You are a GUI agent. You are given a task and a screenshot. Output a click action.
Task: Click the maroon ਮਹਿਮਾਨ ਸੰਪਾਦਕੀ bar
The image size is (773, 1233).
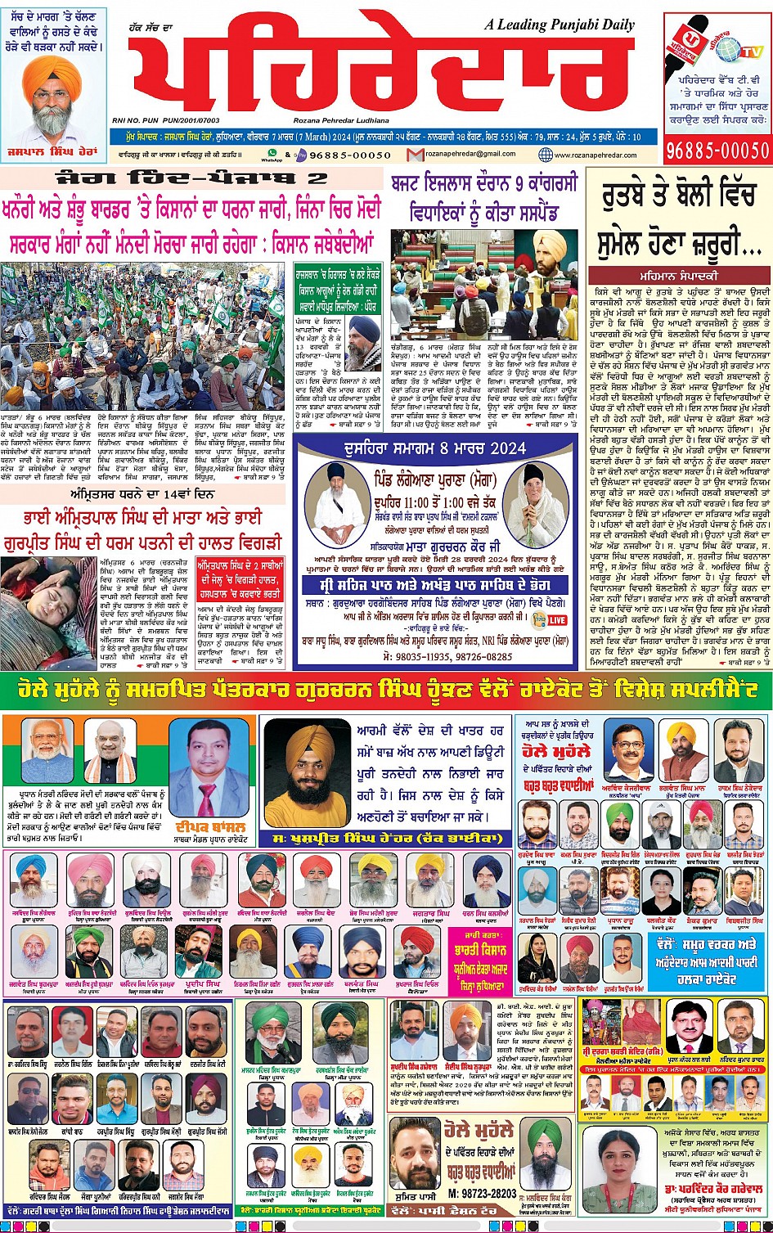[x=680, y=275]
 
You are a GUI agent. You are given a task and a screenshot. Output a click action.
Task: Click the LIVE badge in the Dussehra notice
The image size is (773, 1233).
[x=557, y=619]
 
